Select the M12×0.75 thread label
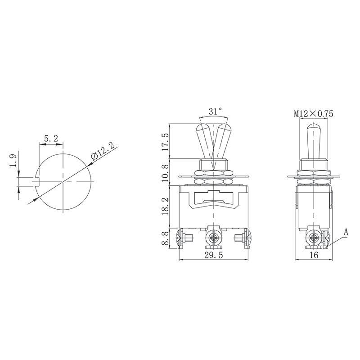tap(314, 114)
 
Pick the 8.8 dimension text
tap(165, 238)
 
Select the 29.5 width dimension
tap(214, 256)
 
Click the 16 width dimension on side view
tap(314, 256)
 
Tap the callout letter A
tap(346, 232)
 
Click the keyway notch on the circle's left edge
tap(37, 181)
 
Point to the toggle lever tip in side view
tap(314, 128)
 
